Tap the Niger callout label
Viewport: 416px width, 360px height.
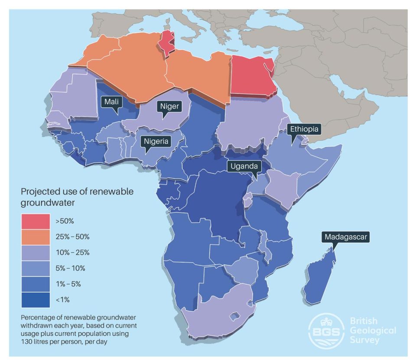pos(169,106)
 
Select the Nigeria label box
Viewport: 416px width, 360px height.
pos(155,141)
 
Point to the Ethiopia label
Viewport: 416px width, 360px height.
pos(305,129)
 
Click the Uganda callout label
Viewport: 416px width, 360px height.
pos(244,166)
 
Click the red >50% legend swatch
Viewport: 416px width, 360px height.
pos(35,221)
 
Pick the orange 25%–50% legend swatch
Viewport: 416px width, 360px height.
pos(35,237)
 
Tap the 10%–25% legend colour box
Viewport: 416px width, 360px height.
pos(35,252)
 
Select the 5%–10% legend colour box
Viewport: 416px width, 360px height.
pos(35,268)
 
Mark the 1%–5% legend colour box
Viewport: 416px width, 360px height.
pos(35,284)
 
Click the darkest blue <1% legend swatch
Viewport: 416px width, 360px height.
pos(35,299)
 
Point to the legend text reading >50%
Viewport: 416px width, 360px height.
pos(65,221)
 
